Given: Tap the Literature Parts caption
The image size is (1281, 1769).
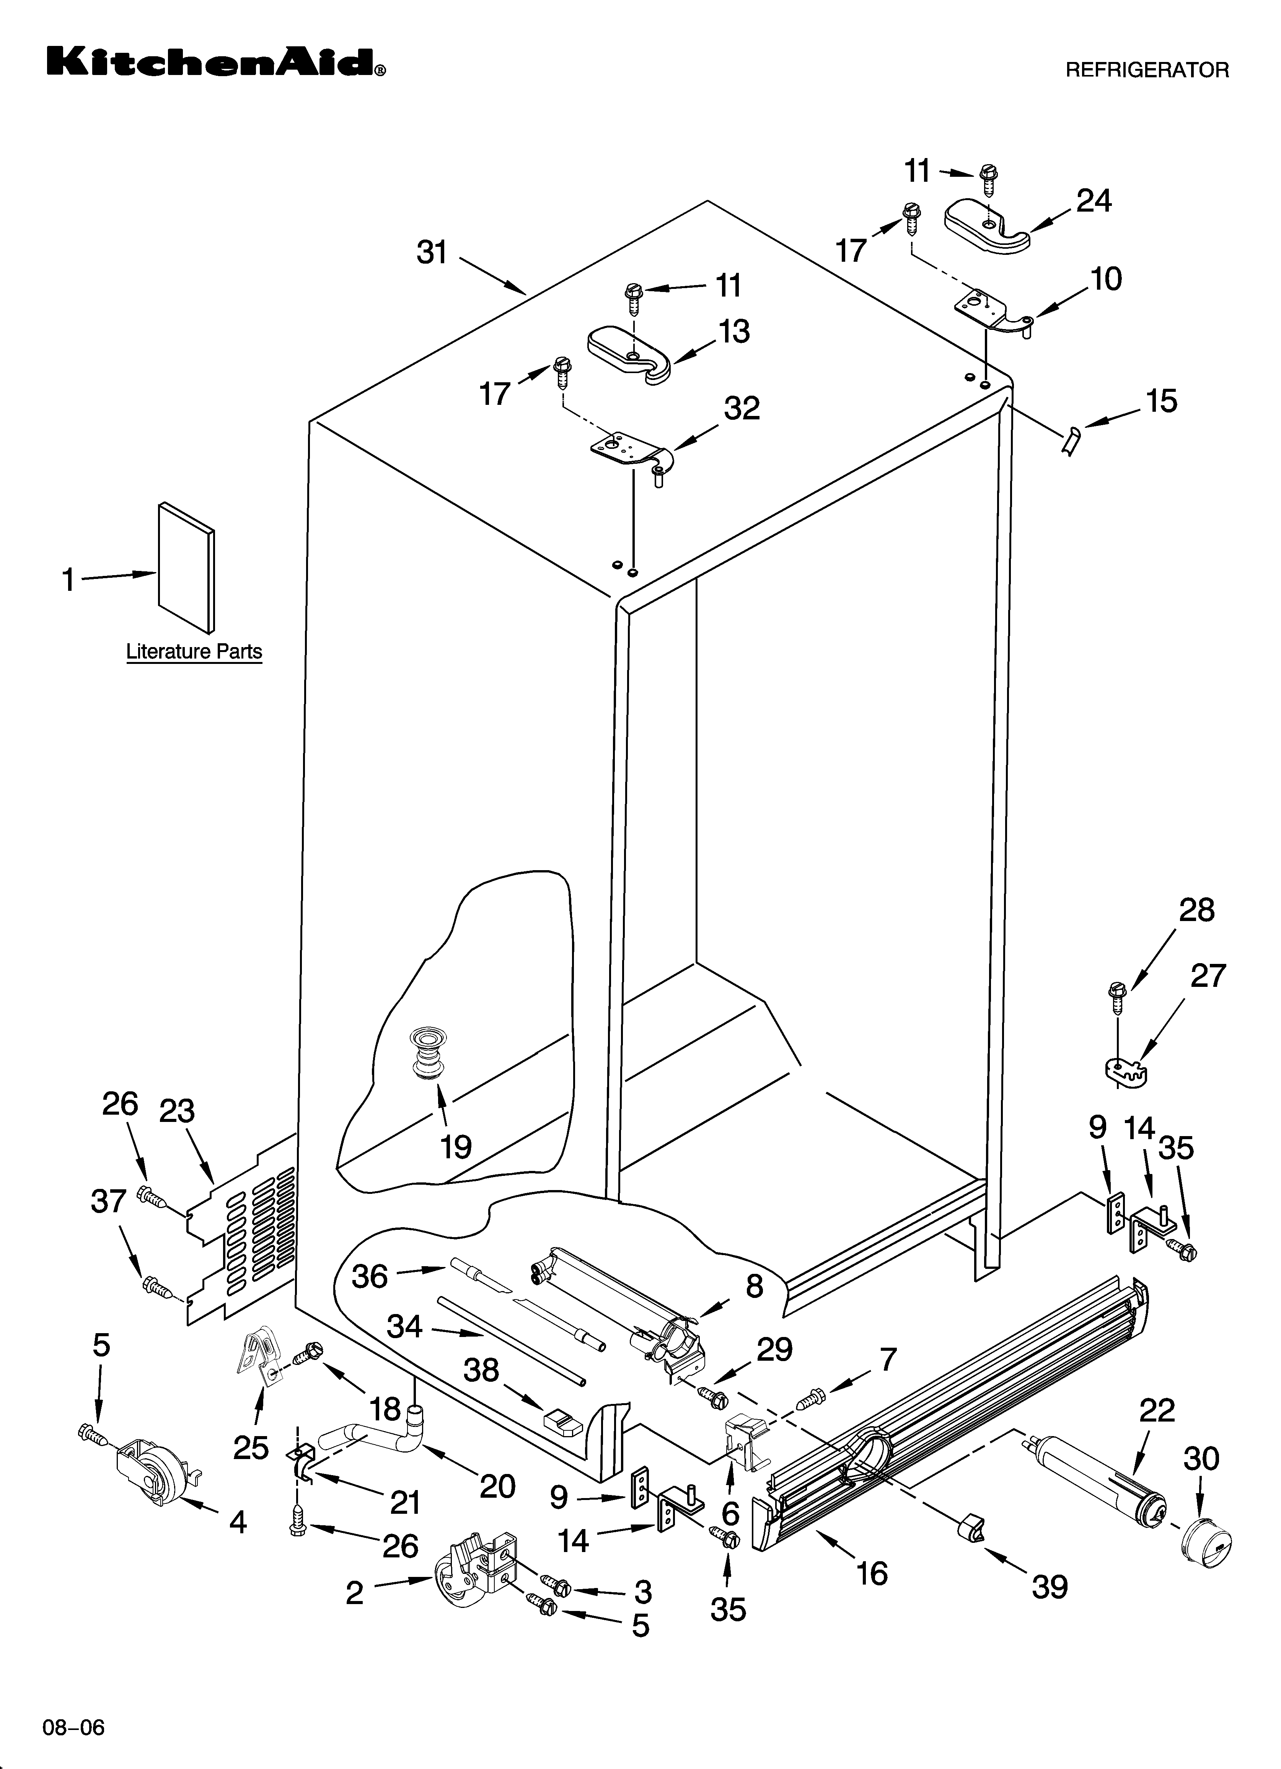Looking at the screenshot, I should (x=194, y=651).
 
